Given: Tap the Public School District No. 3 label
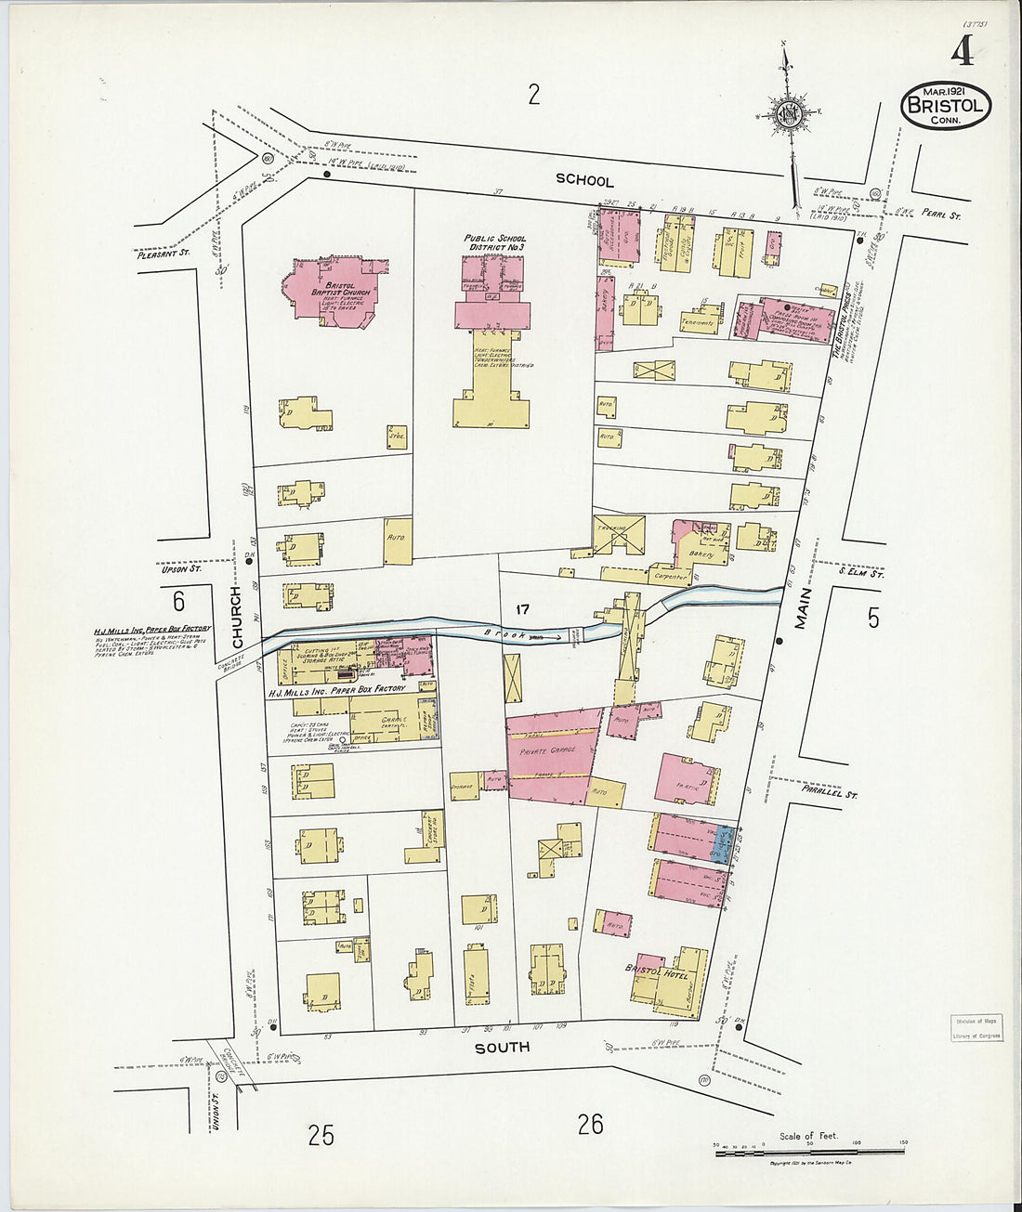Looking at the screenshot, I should (494, 242).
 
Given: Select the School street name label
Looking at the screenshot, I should (584, 180).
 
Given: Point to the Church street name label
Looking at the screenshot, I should (238, 618).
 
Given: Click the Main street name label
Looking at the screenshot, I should (803, 609).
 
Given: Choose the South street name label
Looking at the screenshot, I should (503, 1047).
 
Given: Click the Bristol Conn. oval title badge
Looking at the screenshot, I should (945, 106).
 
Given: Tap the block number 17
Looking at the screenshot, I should (522, 609).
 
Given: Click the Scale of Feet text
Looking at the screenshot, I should (809, 1135).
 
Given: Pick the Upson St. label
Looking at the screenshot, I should (182, 568).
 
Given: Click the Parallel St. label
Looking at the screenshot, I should (829, 795).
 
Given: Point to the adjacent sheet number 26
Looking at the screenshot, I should (590, 1125).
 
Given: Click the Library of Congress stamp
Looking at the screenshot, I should (976, 1028).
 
